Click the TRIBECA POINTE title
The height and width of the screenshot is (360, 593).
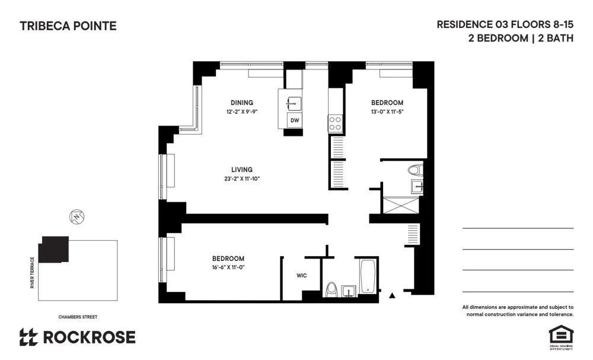click(68, 26)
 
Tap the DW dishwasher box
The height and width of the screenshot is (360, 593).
click(294, 120)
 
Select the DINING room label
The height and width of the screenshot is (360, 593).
click(242, 103)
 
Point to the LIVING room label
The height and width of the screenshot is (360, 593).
click(242, 170)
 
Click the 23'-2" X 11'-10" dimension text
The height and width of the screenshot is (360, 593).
click(242, 179)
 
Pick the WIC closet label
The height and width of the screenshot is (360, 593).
click(301, 276)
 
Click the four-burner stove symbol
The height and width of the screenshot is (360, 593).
click(335, 123)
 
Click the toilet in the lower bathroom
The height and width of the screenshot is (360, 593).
click(331, 289)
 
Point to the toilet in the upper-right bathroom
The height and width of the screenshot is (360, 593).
click(414, 171)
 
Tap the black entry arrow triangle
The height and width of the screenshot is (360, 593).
click(391, 295)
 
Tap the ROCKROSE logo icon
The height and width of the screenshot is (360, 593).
click(28, 337)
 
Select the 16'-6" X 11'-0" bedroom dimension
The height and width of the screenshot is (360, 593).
click(228, 267)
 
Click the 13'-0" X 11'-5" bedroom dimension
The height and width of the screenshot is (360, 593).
click(387, 111)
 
